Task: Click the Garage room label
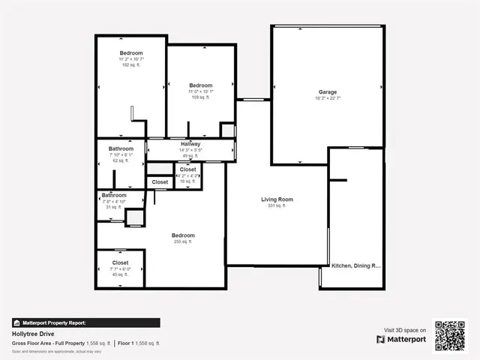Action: click(x=328, y=92)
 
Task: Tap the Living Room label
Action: click(x=277, y=199)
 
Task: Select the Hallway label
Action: click(x=190, y=143)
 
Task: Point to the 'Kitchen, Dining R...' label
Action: click(x=356, y=265)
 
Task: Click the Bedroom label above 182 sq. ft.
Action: click(x=131, y=52)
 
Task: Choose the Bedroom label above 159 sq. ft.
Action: click(x=201, y=85)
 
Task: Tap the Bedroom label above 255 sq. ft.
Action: click(x=184, y=235)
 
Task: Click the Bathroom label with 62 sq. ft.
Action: click(x=121, y=148)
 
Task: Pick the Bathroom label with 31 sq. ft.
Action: click(x=114, y=195)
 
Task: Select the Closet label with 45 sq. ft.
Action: click(x=120, y=262)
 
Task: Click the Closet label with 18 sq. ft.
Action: click(x=187, y=169)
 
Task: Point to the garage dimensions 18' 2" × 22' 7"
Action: click(x=328, y=98)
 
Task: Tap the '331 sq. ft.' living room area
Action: click(x=277, y=205)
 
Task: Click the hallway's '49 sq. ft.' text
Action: click(x=190, y=156)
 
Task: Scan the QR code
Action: click(x=450, y=336)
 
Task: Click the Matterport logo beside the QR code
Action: click(x=401, y=339)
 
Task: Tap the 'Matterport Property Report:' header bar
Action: click(x=85, y=322)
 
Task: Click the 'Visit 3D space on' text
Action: click(x=404, y=330)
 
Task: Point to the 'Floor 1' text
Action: click(x=125, y=343)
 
